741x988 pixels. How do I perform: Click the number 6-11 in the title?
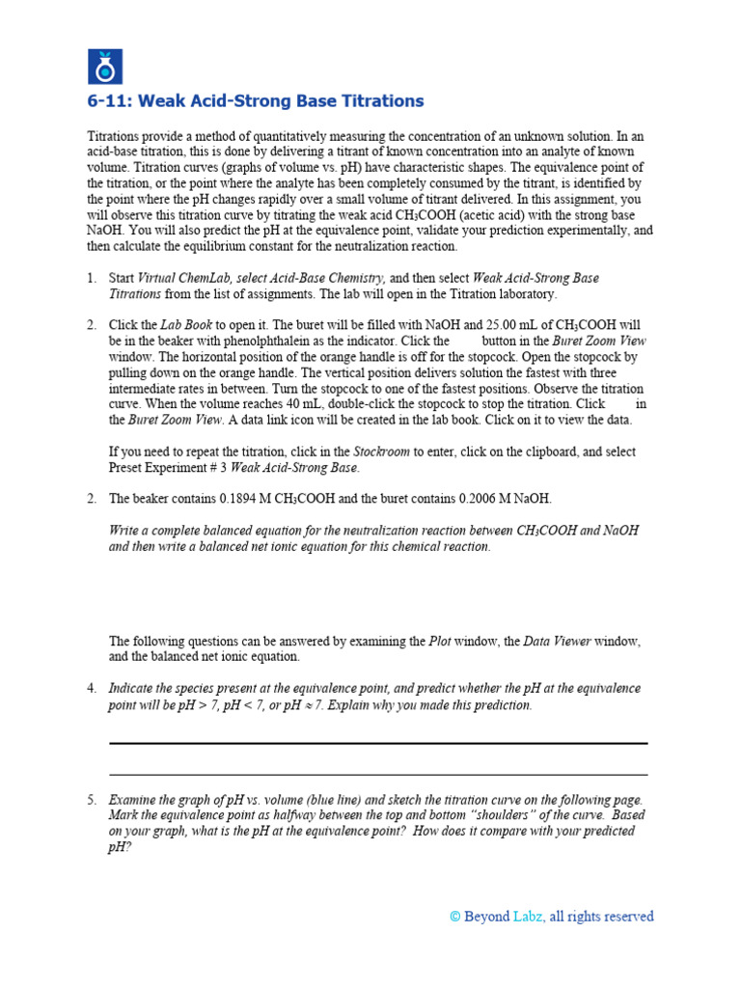tap(109, 101)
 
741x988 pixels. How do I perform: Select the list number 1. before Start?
tap(92, 279)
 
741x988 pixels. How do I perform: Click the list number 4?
tap(92, 689)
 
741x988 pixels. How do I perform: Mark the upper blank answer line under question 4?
tap(378, 744)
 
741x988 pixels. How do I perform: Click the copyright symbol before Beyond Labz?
tap(454, 917)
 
